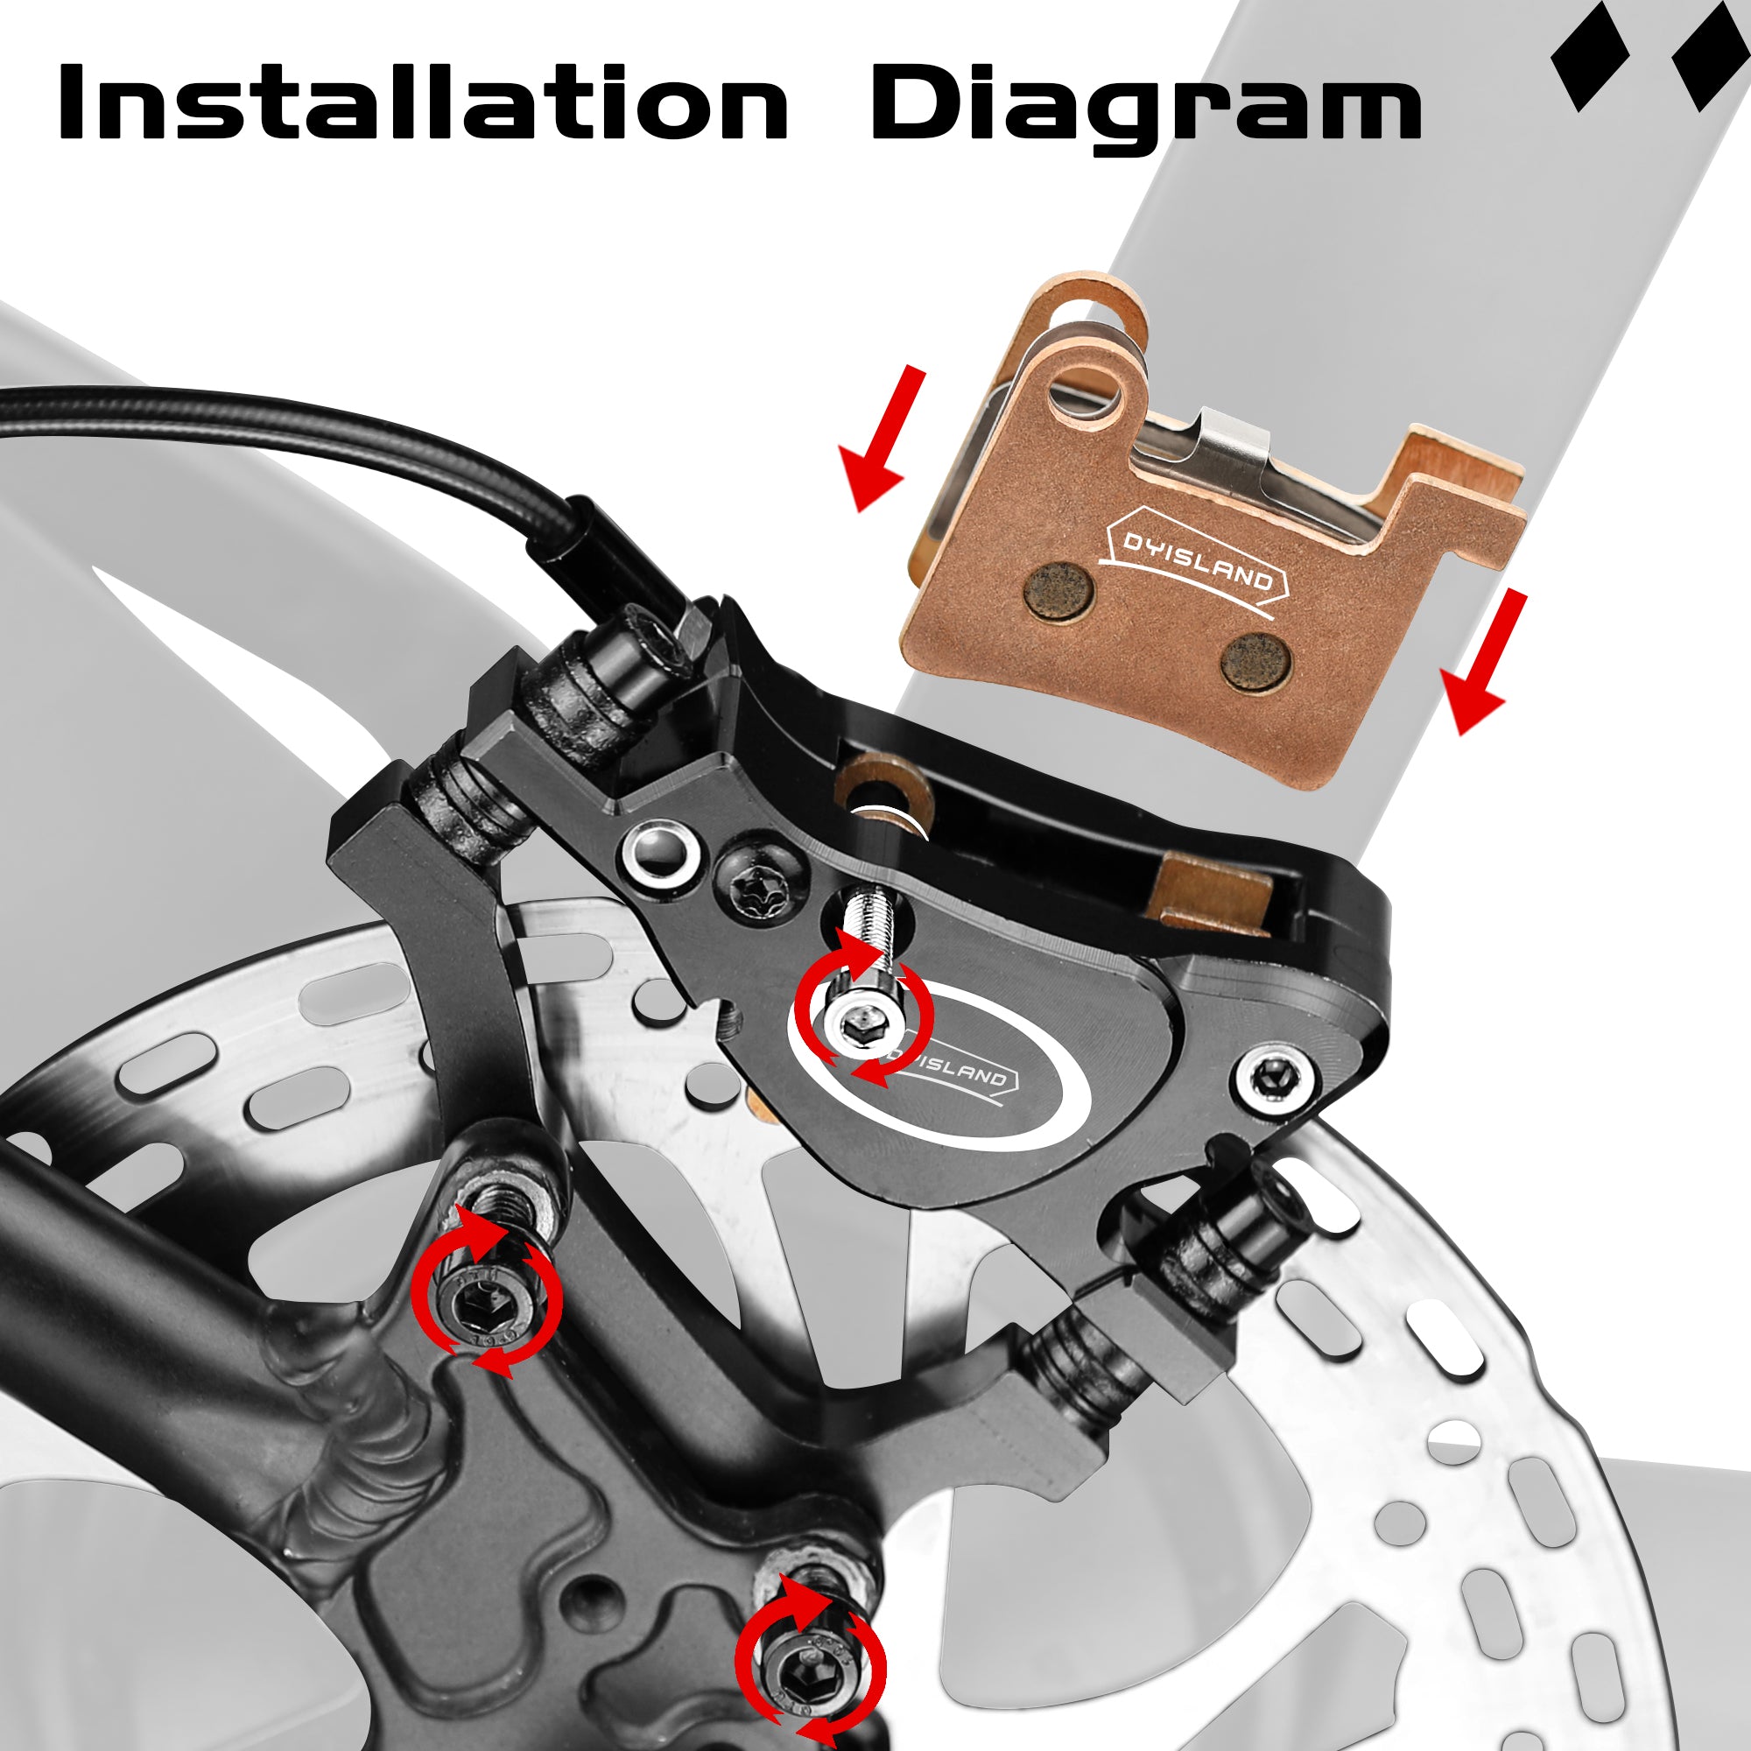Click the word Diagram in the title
tap(1145, 109)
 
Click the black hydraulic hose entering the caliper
tap(299, 434)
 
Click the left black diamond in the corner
tap(1591, 56)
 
